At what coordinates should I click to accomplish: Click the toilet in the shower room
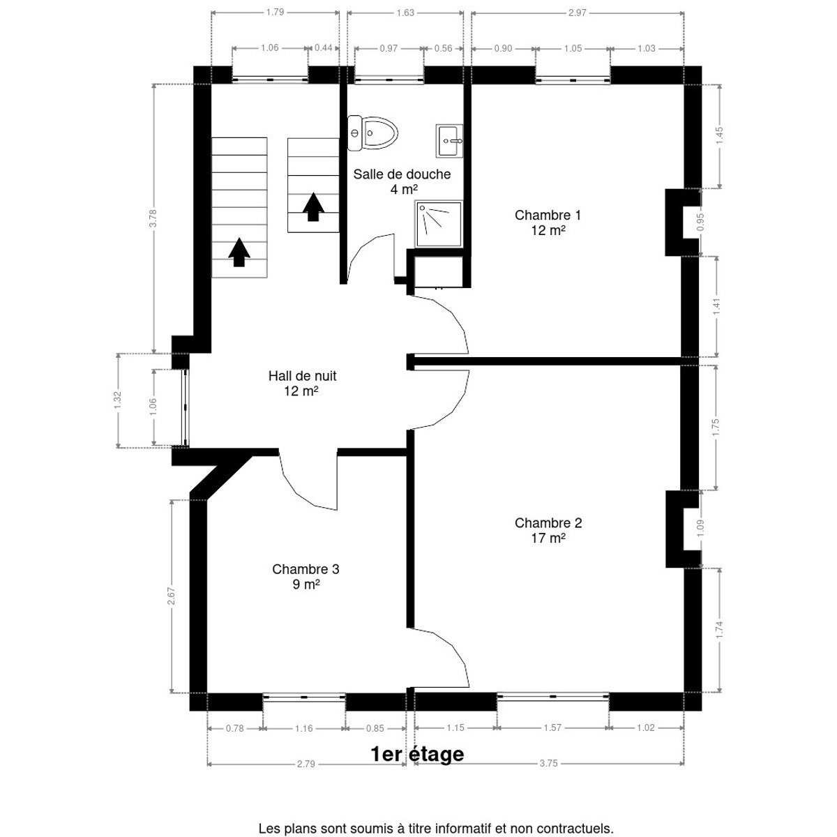point(372,133)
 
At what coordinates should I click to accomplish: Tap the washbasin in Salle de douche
point(449,141)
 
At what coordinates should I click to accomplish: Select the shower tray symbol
point(438,224)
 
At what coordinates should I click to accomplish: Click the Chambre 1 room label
point(548,223)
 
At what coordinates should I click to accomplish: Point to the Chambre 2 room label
point(548,530)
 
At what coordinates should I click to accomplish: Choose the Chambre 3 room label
point(306,576)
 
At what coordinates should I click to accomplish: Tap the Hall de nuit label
point(302,383)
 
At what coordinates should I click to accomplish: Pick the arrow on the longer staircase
point(239,252)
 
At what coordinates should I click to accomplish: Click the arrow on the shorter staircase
point(313,207)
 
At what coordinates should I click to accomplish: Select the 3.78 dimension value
point(153,218)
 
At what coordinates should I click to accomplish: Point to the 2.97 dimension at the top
point(578,13)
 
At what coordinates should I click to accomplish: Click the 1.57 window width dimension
point(552,727)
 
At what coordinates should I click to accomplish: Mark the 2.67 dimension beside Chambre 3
point(172,596)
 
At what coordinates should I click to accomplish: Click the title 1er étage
point(417,754)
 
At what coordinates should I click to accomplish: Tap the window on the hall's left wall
point(186,408)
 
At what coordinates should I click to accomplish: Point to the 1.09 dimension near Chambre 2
point(700,529)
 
